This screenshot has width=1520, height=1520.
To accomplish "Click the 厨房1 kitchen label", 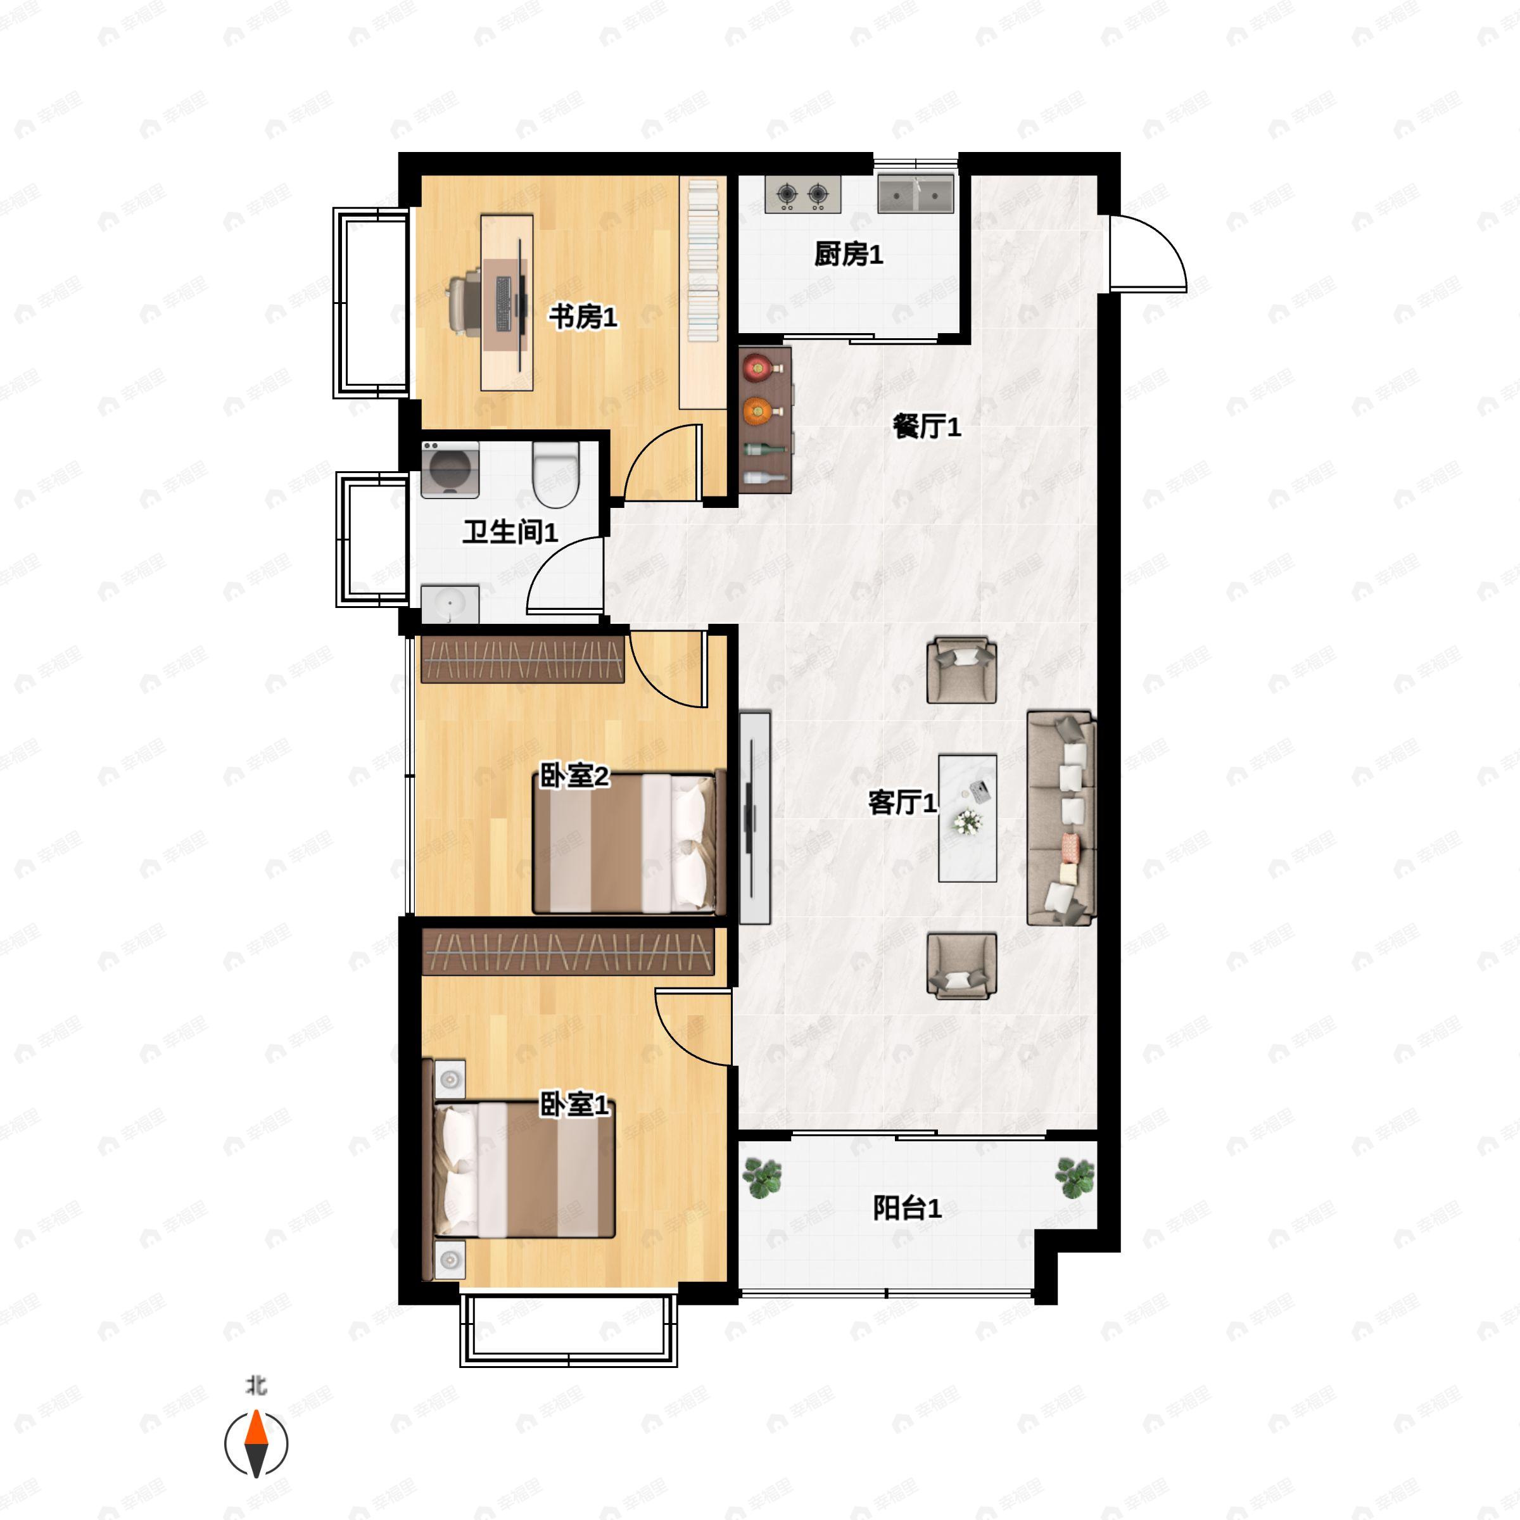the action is pyautogui.click(x=848, y=254).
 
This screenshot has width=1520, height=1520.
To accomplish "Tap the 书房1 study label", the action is pyautogui.click(x=582, y=317).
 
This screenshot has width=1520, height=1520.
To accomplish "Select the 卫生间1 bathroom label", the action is pyautogui.click(x=510, y=532).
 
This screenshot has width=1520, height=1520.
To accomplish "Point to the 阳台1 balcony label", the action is pyautogui.click(x=907, y=1208).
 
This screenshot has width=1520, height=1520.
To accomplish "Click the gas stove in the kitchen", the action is pyautogui.click(x=803, y=194).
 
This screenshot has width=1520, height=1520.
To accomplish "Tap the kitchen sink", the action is pyautogui.click(x=916, y=194).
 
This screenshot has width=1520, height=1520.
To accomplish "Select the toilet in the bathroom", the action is pyautogui.click(x=556, y=474).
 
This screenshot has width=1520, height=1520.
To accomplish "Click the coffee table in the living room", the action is pyautogui.click(x=968, y=818).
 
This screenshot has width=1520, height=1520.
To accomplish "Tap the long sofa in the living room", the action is pyautogui.click(x=1061, y=818).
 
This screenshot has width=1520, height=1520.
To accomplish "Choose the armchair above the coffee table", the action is pyautogui.click(x=961, y=669).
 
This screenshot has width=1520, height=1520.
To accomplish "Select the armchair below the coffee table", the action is pyautogui.click(x=961, y=966).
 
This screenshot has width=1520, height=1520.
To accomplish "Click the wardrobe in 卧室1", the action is pyautogui.click(x=568, y=951).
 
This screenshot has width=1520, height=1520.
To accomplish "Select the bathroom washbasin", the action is pyautogui.click(x=449, y=604).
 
